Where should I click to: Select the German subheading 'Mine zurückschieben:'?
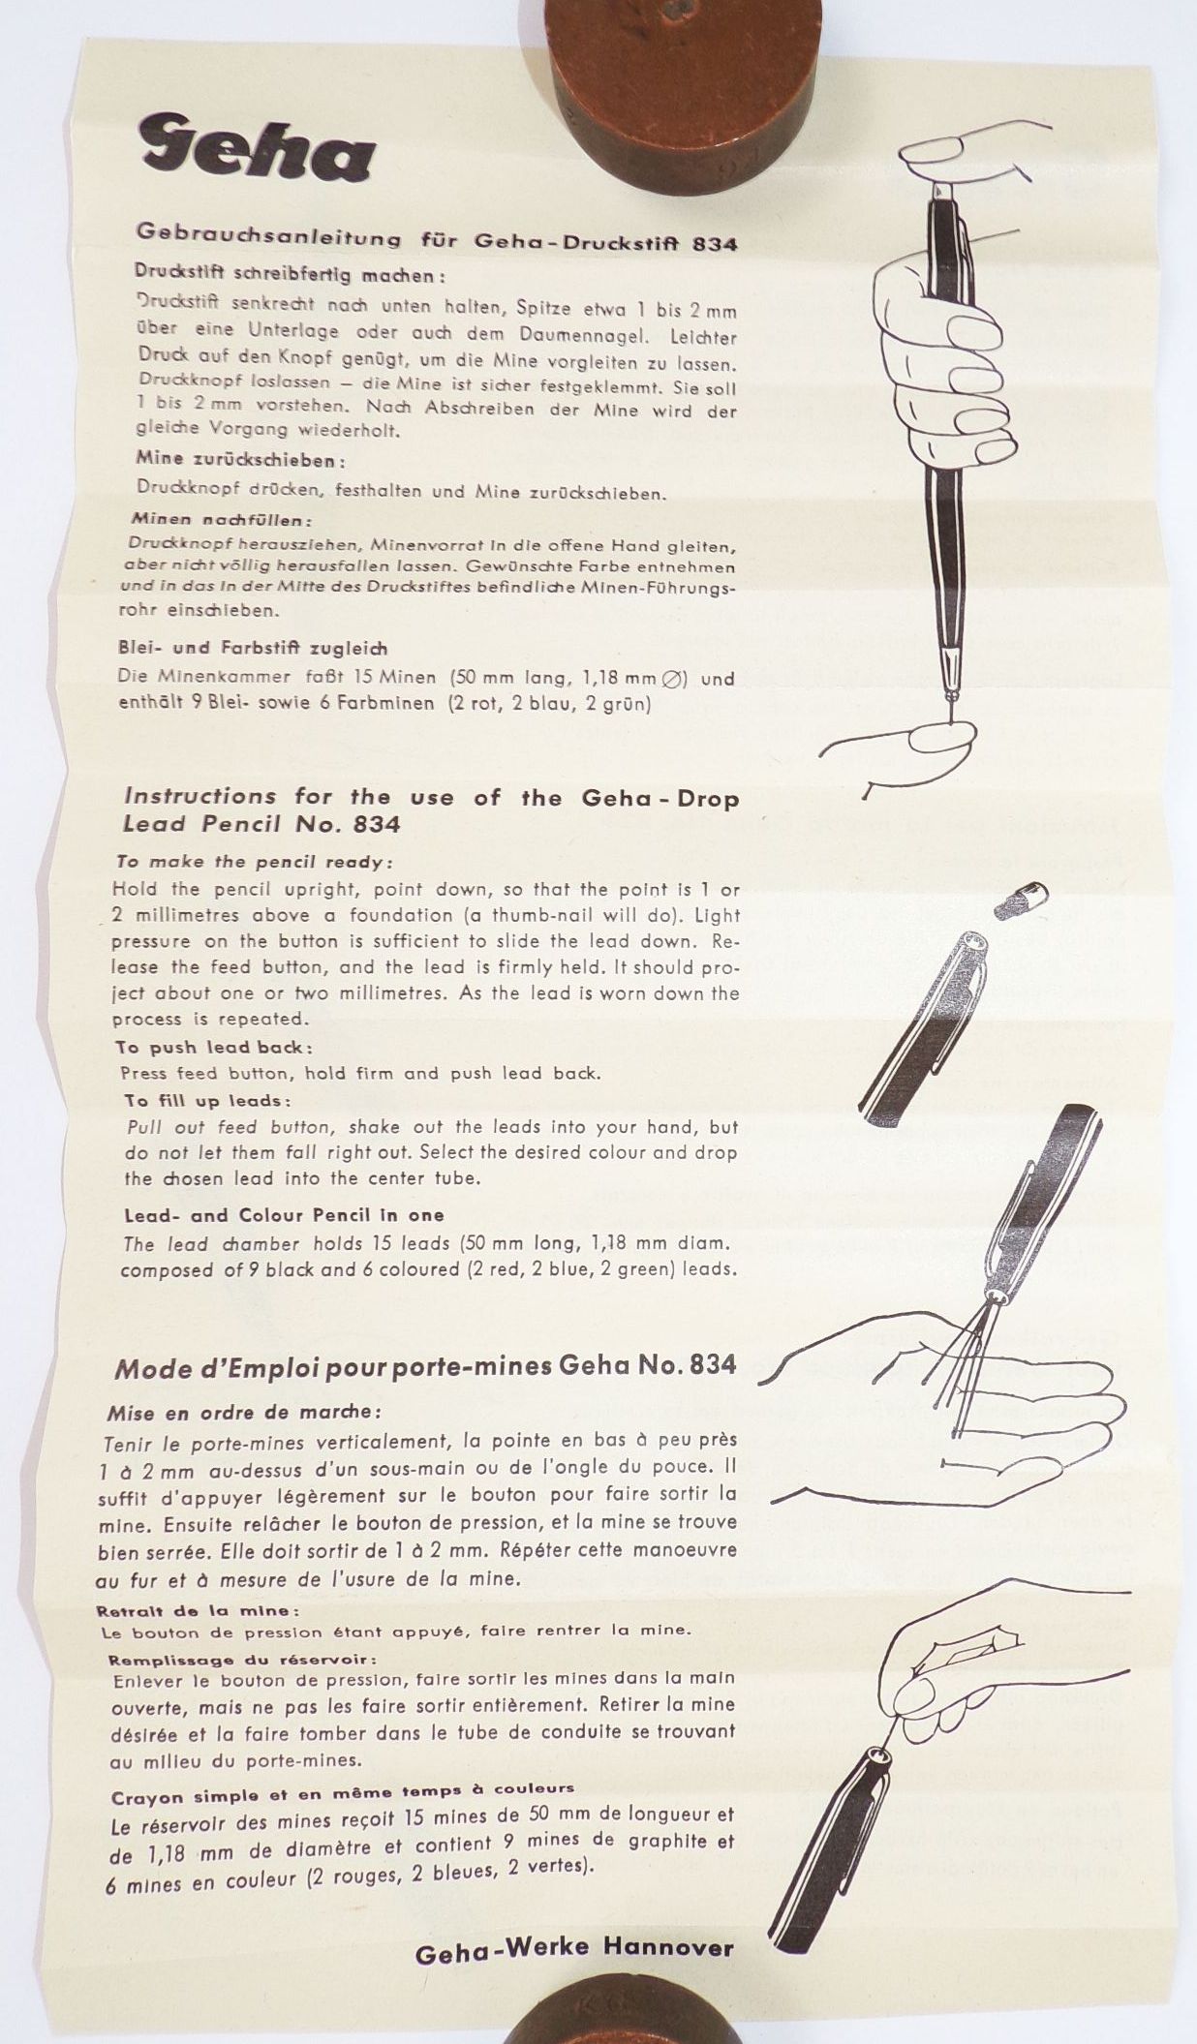tap(241, 459)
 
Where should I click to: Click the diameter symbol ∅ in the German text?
tap(670, 679)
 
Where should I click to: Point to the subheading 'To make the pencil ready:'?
tap(255, 861)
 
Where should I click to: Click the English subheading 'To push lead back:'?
tap(214, 1047)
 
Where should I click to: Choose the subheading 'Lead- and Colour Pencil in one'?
tap(284, 1215)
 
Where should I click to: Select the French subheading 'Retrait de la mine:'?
tap(198, 1611)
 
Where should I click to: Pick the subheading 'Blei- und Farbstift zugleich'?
tap(253, 648)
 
